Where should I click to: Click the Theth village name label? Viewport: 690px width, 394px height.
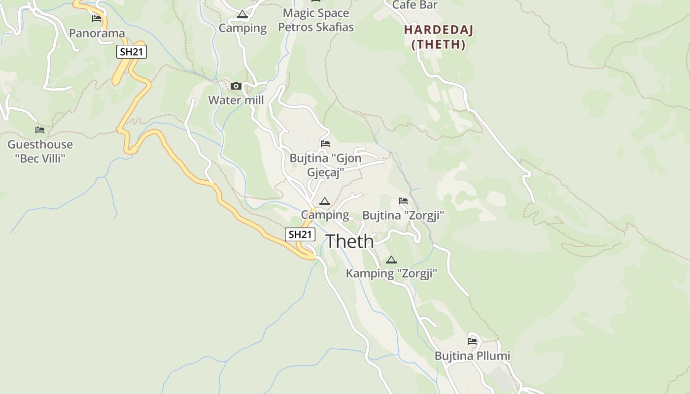coord(349,241)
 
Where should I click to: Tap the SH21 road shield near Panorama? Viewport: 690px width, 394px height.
coord(132,52)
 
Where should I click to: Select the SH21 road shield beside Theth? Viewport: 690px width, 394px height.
coord(300,234)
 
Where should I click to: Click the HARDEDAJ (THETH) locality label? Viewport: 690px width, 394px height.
coord(438,37)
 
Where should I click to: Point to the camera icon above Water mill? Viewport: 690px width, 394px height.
coord(236,86)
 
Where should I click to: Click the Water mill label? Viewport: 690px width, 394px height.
coord(236,100)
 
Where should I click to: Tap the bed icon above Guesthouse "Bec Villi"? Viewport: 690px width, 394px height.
coord(40,130)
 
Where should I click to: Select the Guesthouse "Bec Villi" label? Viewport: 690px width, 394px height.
coord(40,151)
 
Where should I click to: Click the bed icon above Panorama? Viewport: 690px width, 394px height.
coord(97,19)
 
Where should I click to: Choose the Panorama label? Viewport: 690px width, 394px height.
coord(97,33)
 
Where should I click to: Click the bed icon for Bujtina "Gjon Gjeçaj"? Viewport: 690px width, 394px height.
coord(325,144)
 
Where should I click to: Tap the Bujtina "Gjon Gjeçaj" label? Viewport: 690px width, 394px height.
coord(325,165)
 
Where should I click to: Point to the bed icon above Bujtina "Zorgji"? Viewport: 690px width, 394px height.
coord(403,201)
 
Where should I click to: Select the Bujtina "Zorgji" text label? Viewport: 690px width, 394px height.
coord(403,215)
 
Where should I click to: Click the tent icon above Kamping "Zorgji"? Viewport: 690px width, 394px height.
coord(391,260)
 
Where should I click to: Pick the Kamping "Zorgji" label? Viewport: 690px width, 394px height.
coord(391,273)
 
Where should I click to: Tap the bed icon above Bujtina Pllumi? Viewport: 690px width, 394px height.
coord(472,341)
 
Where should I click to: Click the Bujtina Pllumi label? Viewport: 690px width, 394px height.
coord(472,356)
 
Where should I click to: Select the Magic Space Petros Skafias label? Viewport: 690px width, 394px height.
coord(316,20)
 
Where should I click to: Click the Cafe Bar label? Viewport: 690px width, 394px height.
coord(414,5)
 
